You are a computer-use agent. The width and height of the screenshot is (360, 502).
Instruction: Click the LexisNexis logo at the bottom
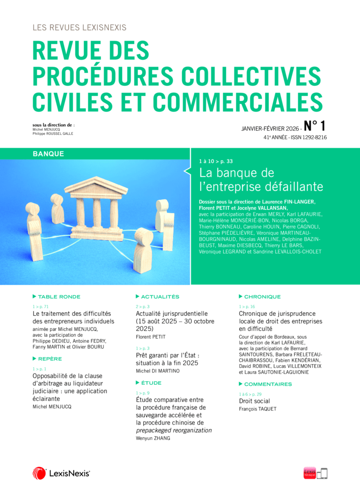[x=61, y=473]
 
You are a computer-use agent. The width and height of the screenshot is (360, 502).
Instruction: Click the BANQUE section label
[x=49, y=154]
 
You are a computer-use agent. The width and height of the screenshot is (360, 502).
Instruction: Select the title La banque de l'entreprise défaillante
[x=261, y=179]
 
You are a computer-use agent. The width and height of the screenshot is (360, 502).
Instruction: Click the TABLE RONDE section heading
[x=59, y=297]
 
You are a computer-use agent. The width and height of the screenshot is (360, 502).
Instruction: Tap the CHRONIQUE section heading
[x=262, y=297]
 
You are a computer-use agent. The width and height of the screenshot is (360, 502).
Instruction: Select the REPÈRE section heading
[x=50, y=359]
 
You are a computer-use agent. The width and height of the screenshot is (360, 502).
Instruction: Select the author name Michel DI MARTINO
[x=158, y=371]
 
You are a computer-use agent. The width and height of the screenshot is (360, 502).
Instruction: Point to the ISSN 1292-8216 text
[x=310, y=138]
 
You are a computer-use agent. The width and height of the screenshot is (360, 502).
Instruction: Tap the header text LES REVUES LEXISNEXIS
[x=79, y=28]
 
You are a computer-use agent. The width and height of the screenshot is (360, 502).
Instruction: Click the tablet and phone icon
[x=322, y=473]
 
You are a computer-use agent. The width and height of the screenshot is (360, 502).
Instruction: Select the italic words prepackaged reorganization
[x=174, y=430]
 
